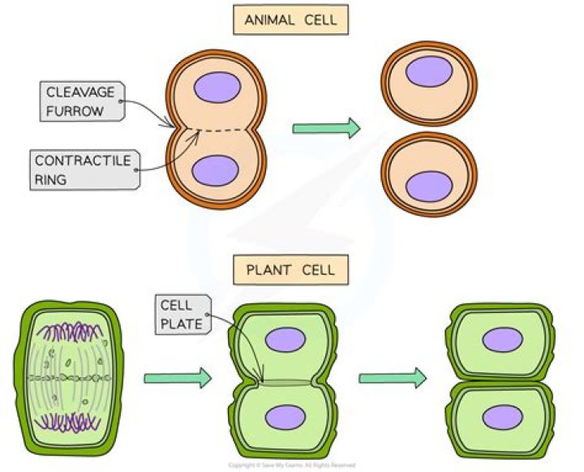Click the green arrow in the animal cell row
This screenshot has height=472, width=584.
[326, 128]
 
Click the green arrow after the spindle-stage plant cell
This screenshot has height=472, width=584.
[177, 377]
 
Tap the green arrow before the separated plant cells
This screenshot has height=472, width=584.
[393, 377]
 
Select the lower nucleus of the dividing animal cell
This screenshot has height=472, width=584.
[215, 172]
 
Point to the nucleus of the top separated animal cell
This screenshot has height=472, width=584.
[429, 71]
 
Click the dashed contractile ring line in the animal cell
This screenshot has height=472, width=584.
[219, 129]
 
